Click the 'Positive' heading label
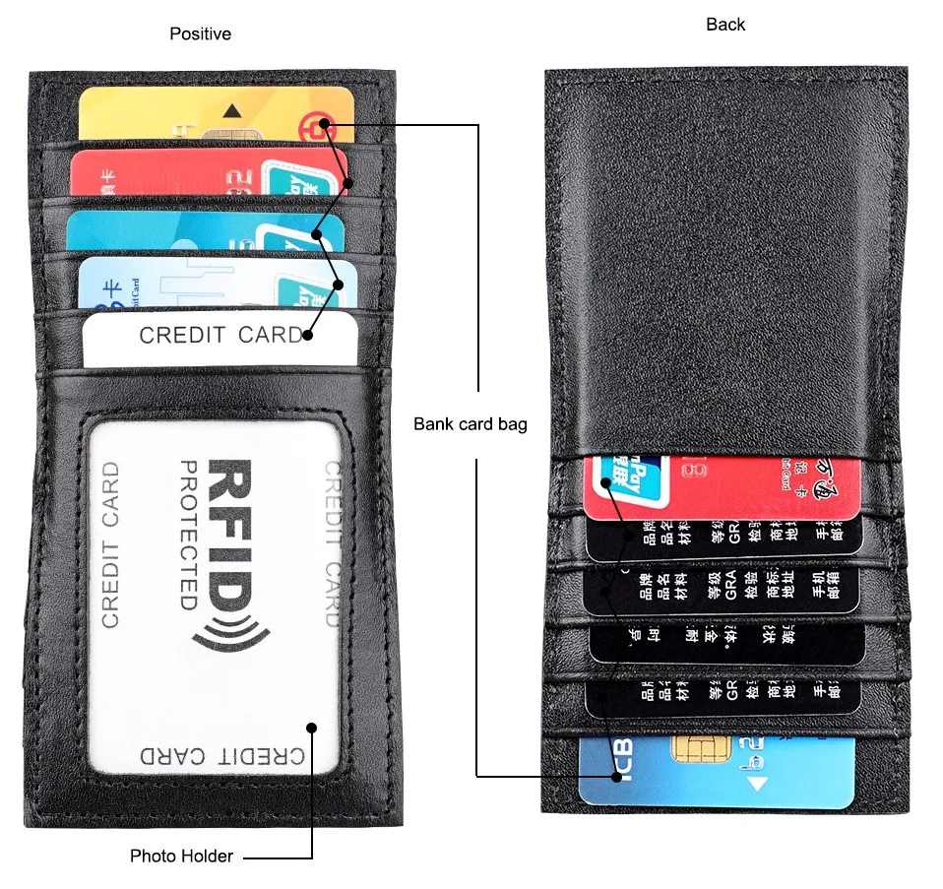coord(200,34)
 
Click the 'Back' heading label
coord(725,25)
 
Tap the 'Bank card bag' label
coord(470,424)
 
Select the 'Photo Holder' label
coord(181,856)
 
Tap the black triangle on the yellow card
coord(232,110)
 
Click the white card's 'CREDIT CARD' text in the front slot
coord(220,335)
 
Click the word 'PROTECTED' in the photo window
coord(188,534)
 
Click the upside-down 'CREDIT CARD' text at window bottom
coord(220,756)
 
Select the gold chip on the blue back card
coord(692,749)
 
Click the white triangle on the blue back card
coord(756,785)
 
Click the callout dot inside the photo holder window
coord(312,729)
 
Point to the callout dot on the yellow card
coord(324,125)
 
